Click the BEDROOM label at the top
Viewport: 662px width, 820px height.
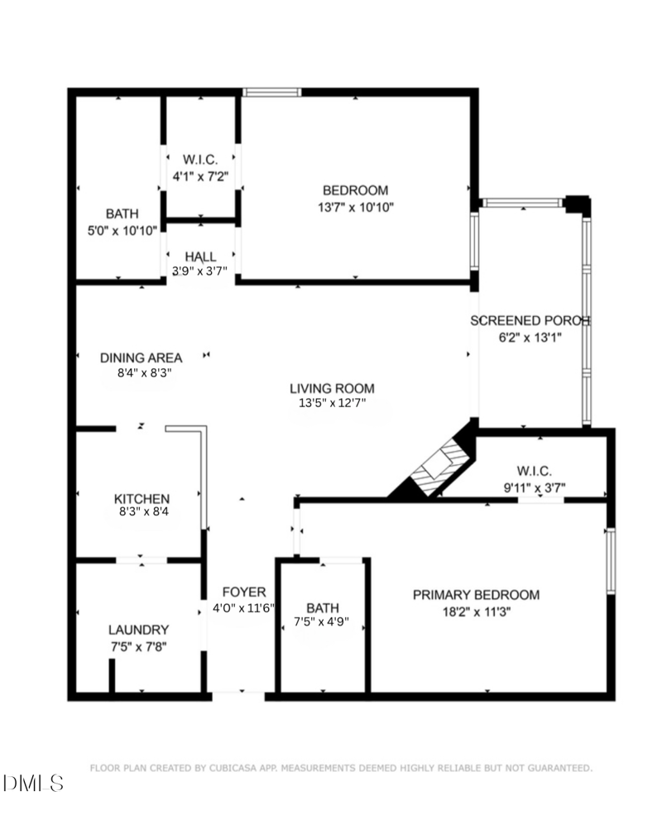[355, 190]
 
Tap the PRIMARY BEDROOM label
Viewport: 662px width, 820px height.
[476, 594]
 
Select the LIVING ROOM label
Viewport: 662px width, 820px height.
[332, 387]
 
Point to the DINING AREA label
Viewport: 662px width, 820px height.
[142, 357]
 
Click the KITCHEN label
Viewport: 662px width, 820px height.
[142, 499]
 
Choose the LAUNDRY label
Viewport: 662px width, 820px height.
[138, 630]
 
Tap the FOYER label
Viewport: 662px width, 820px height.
[244, 592]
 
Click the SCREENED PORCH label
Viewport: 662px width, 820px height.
[530, 320]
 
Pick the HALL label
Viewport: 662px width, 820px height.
[200, 257]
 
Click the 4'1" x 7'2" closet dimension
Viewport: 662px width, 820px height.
[200, 175]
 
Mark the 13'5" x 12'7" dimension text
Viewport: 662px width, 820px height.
[332, 403]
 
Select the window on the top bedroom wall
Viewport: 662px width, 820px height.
[271, 92]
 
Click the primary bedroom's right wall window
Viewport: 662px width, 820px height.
[611, 561]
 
